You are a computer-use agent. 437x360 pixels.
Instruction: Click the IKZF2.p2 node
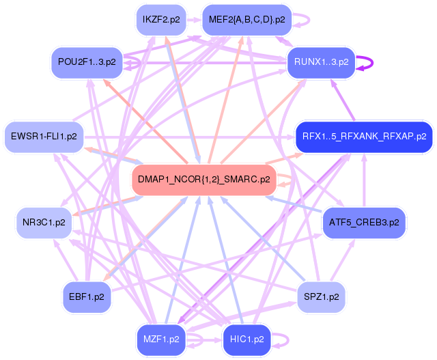coord(161,19)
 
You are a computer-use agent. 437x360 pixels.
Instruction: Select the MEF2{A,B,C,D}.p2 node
coord(246,19)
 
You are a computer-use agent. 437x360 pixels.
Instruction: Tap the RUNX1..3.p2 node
coord(321,62)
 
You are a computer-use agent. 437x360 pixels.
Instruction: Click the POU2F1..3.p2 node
coord(87,62)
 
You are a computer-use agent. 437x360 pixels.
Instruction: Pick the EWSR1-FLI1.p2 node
coord(43,137)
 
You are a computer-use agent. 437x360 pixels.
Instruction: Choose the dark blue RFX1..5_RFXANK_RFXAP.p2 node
coord(363,136)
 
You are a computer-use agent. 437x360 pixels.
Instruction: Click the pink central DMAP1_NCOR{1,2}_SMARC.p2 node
coord(203,180)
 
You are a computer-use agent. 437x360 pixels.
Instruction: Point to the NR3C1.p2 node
coord(44,223)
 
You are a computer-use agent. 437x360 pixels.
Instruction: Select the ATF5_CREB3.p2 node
coord(363,223)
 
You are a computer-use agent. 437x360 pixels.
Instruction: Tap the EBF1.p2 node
coord(86,298)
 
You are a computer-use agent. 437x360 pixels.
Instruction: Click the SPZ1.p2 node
coord(321,298)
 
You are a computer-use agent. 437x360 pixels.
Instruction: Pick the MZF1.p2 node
coord(161,339)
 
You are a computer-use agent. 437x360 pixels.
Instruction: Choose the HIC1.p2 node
coord(246,339)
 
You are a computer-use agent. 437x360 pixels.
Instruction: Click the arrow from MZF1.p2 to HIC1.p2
coord(204,339)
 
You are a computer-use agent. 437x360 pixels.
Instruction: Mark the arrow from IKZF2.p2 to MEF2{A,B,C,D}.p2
coord(194,19)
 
